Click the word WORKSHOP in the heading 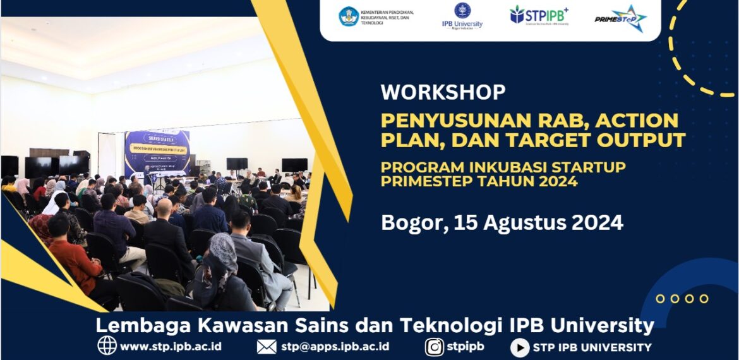(x=443, y=92)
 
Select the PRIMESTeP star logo (x=620, y=18)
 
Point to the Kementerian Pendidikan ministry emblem (x=348, y=16)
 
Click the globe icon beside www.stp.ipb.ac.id (x=107, y=346)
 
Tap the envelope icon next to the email (x=267, y=346)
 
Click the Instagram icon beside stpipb (x=434, y=347)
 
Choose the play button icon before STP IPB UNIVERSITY (x=519, y=347)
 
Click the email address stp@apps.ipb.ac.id (x=335, y=346)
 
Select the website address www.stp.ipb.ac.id (x=171, y=346)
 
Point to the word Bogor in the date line (x=406, y=222)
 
